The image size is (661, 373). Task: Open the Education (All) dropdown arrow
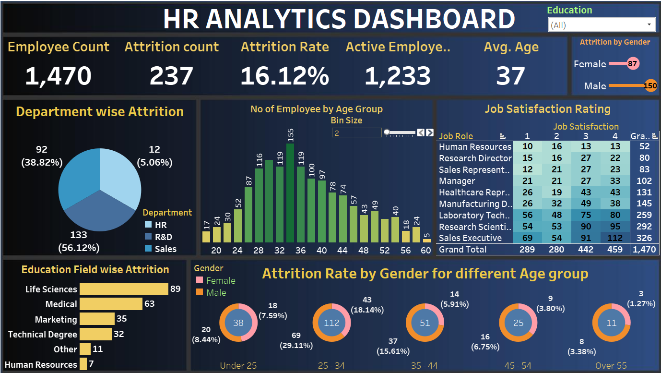pos(649,25)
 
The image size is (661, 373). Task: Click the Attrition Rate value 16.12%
pos(284,76)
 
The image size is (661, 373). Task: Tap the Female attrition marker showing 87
pos(633,64)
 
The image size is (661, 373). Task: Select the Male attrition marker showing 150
pos(650,86)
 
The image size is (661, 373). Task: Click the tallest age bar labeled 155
pos(290,193)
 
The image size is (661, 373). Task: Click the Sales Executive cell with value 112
pos(615,238)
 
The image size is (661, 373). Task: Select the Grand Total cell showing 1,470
pos(644,249)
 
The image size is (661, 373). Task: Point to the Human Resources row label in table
pos(475,147)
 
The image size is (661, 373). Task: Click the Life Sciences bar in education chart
pos(124,289)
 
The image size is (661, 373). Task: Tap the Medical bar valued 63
pos(111,304)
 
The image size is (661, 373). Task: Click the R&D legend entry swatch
pos(148,237)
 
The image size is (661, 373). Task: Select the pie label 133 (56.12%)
pos(79,241)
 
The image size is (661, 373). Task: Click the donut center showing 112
pos(331,323)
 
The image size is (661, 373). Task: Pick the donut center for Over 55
pos(611,323)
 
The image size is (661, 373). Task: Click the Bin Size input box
pos(356,132)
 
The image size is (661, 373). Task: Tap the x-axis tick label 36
pos(301,250)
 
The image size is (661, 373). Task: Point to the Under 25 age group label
pos(238,366)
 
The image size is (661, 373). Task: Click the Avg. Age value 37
pos(510,76)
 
